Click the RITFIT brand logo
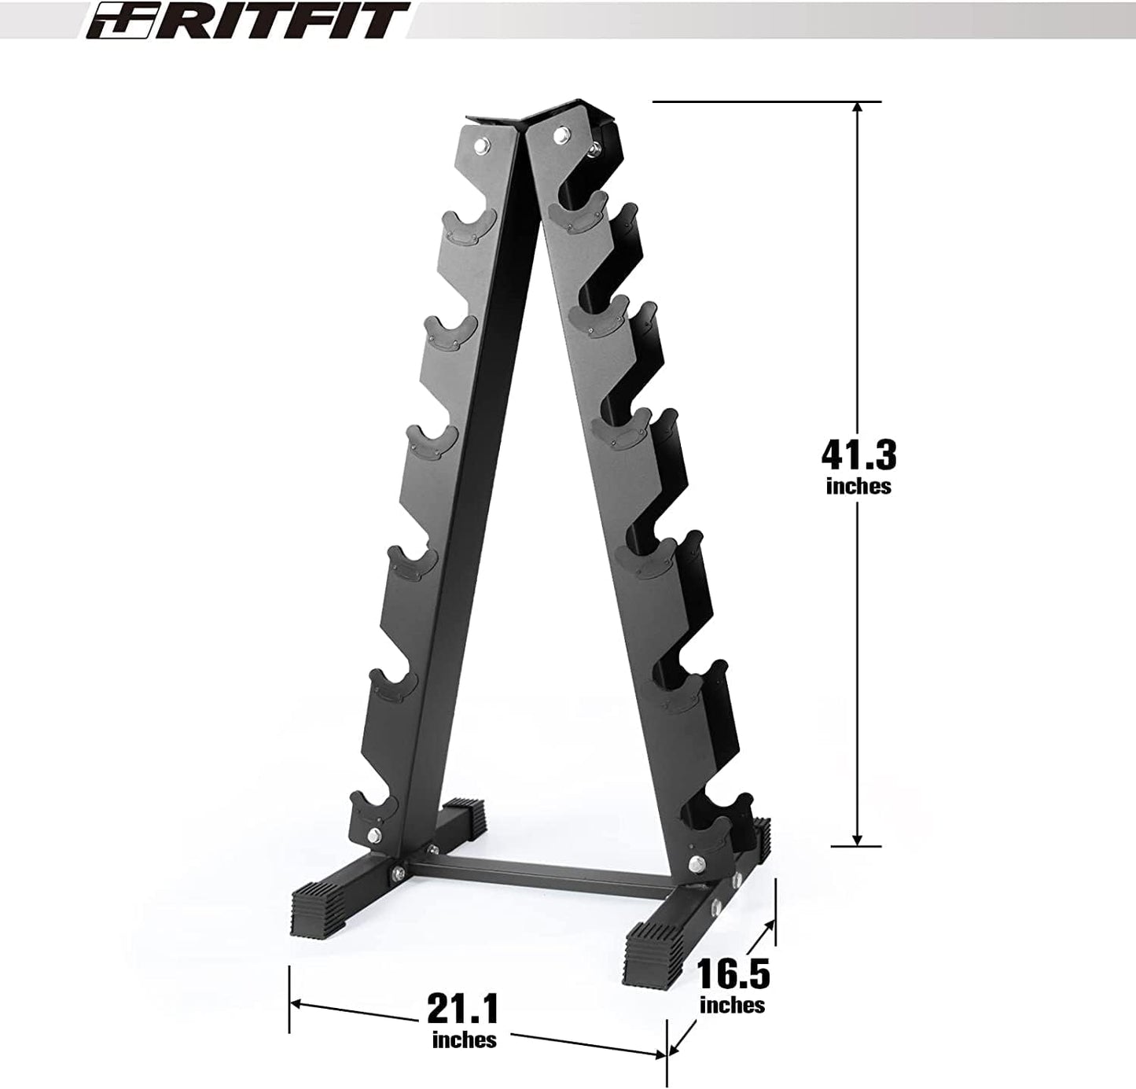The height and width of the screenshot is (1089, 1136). pos(248,20)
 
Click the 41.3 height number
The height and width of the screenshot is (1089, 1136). pos(858,454)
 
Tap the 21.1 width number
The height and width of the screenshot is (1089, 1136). pos(463,1008)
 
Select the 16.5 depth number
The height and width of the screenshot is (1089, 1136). pos(733,975)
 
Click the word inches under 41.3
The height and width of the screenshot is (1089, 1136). pos(858,487)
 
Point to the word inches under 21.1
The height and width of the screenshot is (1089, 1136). pos(464,1039)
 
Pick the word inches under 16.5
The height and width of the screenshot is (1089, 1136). pos(732,1005)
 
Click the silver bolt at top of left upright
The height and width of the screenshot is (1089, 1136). pos(480,144)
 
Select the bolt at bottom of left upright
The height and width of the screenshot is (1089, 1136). pos(375,836)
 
